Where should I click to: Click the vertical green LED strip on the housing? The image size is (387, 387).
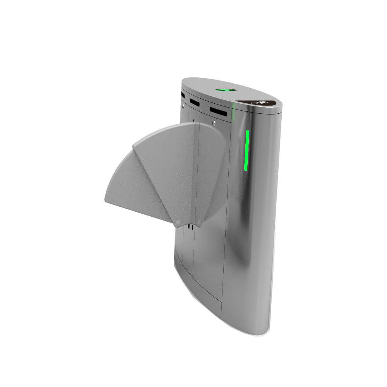click(246, 151)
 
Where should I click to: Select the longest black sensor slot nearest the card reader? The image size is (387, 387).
click(220, 111)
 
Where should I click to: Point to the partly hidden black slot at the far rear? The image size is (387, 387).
click(183, 95)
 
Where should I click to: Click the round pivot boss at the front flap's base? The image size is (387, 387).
click(179, 223)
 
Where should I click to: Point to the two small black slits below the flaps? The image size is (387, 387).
click(190, 227)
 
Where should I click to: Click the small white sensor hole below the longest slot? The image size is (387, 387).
click(213, 123)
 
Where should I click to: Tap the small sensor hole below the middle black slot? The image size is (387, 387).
click(193, 121)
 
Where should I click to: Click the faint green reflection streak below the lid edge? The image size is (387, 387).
click(234, 111)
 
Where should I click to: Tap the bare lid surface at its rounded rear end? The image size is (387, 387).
click(193, 83)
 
